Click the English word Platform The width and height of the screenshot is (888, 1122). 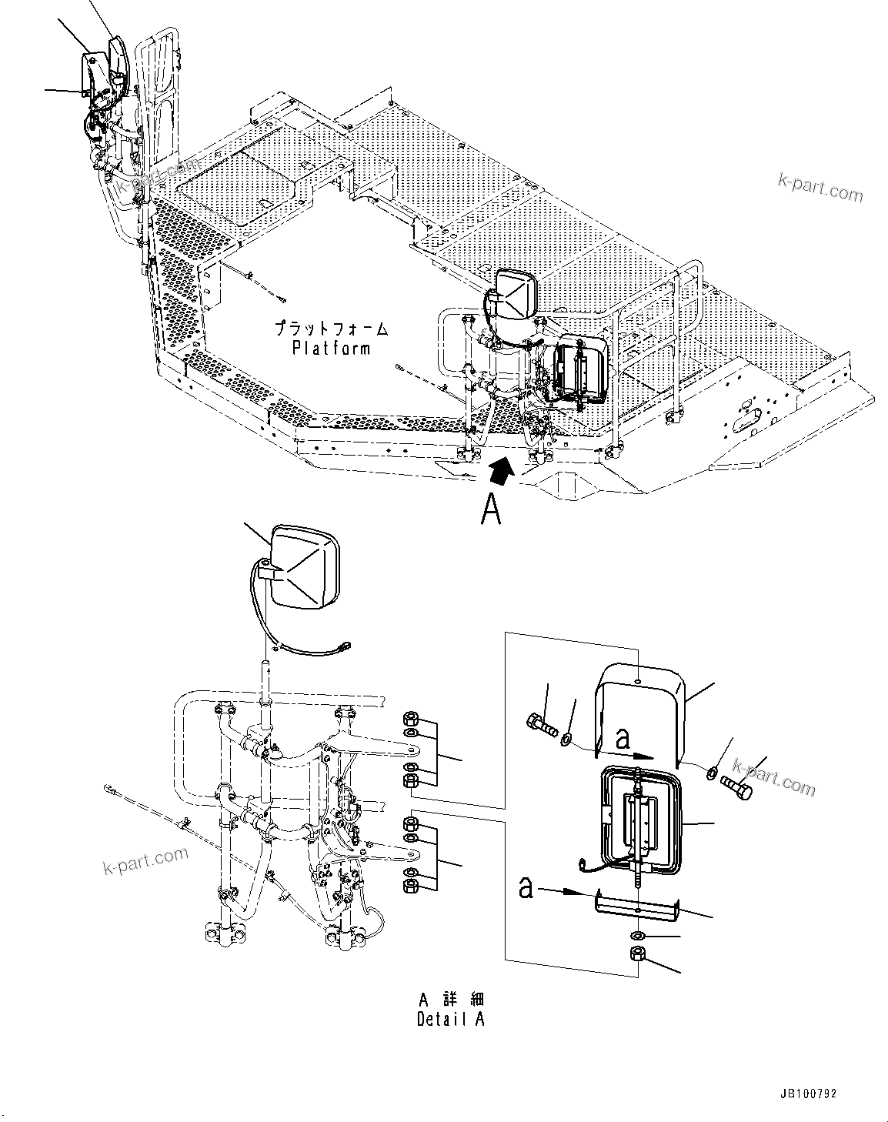[331, 348]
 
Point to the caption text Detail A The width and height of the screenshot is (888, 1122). [451, 1020]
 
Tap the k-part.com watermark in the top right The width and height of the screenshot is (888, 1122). [820, 187]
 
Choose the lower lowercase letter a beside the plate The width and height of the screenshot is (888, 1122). [526, 887]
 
